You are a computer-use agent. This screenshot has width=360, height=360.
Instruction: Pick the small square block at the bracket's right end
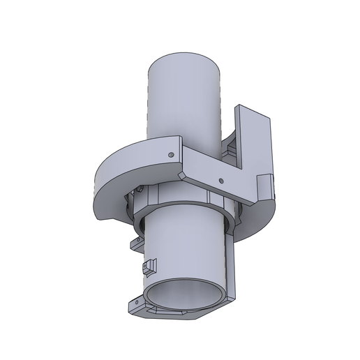click(267, 187)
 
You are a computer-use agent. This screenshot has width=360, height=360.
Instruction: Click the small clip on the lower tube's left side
click(149, 267)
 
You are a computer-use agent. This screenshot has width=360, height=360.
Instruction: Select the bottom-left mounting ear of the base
click(137, 303)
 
